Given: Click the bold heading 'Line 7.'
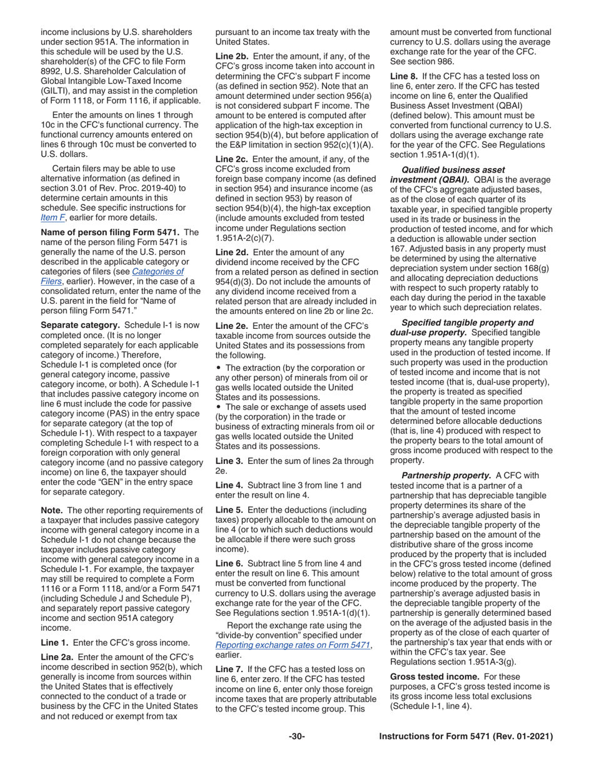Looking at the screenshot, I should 230,670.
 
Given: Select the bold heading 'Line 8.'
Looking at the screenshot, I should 405,76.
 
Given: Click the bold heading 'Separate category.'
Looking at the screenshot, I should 80,326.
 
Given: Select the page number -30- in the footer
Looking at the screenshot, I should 296,737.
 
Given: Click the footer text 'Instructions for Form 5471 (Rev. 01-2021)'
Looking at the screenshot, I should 466,737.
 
